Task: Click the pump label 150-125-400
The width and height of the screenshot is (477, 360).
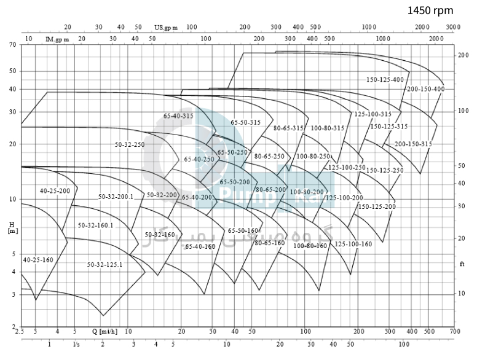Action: point(385,80)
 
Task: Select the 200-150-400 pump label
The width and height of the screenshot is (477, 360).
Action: point(425,89)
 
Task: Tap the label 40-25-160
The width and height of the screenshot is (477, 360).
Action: point(38,260)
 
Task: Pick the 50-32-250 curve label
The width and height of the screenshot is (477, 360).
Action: point(130,144)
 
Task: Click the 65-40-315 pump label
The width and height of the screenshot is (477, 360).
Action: point(178,115)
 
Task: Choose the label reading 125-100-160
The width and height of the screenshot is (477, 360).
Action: point(353,244)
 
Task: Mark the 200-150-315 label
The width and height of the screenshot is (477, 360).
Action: point(413,144)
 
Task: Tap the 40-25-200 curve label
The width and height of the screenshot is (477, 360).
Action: point(55,191)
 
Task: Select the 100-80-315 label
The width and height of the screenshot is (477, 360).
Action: point(327,128)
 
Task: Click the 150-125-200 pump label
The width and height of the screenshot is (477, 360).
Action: point(377,206)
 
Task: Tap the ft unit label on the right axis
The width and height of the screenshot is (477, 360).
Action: point(463,264)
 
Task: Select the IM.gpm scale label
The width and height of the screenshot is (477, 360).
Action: point(57,39)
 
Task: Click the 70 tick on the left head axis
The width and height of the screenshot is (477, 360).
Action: point(12,45)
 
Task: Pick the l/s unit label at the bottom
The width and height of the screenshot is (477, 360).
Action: point(76,344)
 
